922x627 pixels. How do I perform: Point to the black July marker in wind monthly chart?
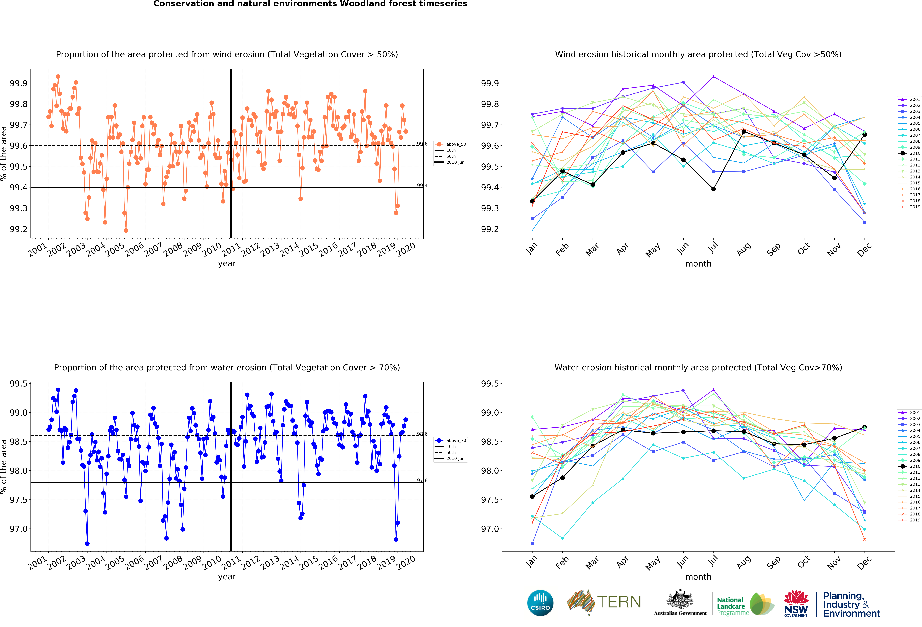pyautogui.click(x=713, y=189)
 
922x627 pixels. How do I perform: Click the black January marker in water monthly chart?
pyautogui.click(x=532, y=496)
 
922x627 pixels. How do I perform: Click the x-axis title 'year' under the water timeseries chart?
pyautogui.click(x=227, y=577)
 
